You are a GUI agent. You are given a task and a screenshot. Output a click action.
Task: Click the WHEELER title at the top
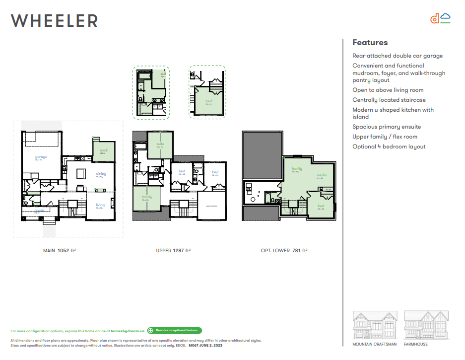[54, 20]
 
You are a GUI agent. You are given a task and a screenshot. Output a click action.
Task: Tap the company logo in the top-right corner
[440, 18]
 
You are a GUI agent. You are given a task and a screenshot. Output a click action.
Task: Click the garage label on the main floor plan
[41, 157]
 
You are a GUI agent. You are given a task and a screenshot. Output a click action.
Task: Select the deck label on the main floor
[104, 150]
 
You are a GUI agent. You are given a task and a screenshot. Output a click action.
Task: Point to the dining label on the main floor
[101, 174]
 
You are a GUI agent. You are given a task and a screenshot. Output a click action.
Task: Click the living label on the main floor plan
[100, 205]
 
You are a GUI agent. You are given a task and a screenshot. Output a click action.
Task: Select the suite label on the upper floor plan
[160, 144]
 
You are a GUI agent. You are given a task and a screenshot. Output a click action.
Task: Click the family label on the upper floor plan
[147, 197]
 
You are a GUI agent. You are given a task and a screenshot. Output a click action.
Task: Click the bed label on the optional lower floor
[321, 206]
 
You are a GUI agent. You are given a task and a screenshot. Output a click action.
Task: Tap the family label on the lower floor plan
[297, 169]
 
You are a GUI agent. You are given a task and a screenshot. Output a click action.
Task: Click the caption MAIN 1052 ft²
[59, 251]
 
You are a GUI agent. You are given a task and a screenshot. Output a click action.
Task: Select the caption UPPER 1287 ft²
[173, 251]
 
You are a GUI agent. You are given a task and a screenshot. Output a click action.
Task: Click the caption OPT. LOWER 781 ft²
[284, 251]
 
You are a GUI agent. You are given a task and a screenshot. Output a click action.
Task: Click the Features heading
[370, 43]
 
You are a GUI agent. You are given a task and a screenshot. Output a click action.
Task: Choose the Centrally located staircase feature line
[389, 100]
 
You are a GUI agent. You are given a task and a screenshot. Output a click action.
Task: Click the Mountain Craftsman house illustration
[375, 325]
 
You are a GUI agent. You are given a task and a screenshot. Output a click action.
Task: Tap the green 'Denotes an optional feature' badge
[174, 330]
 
